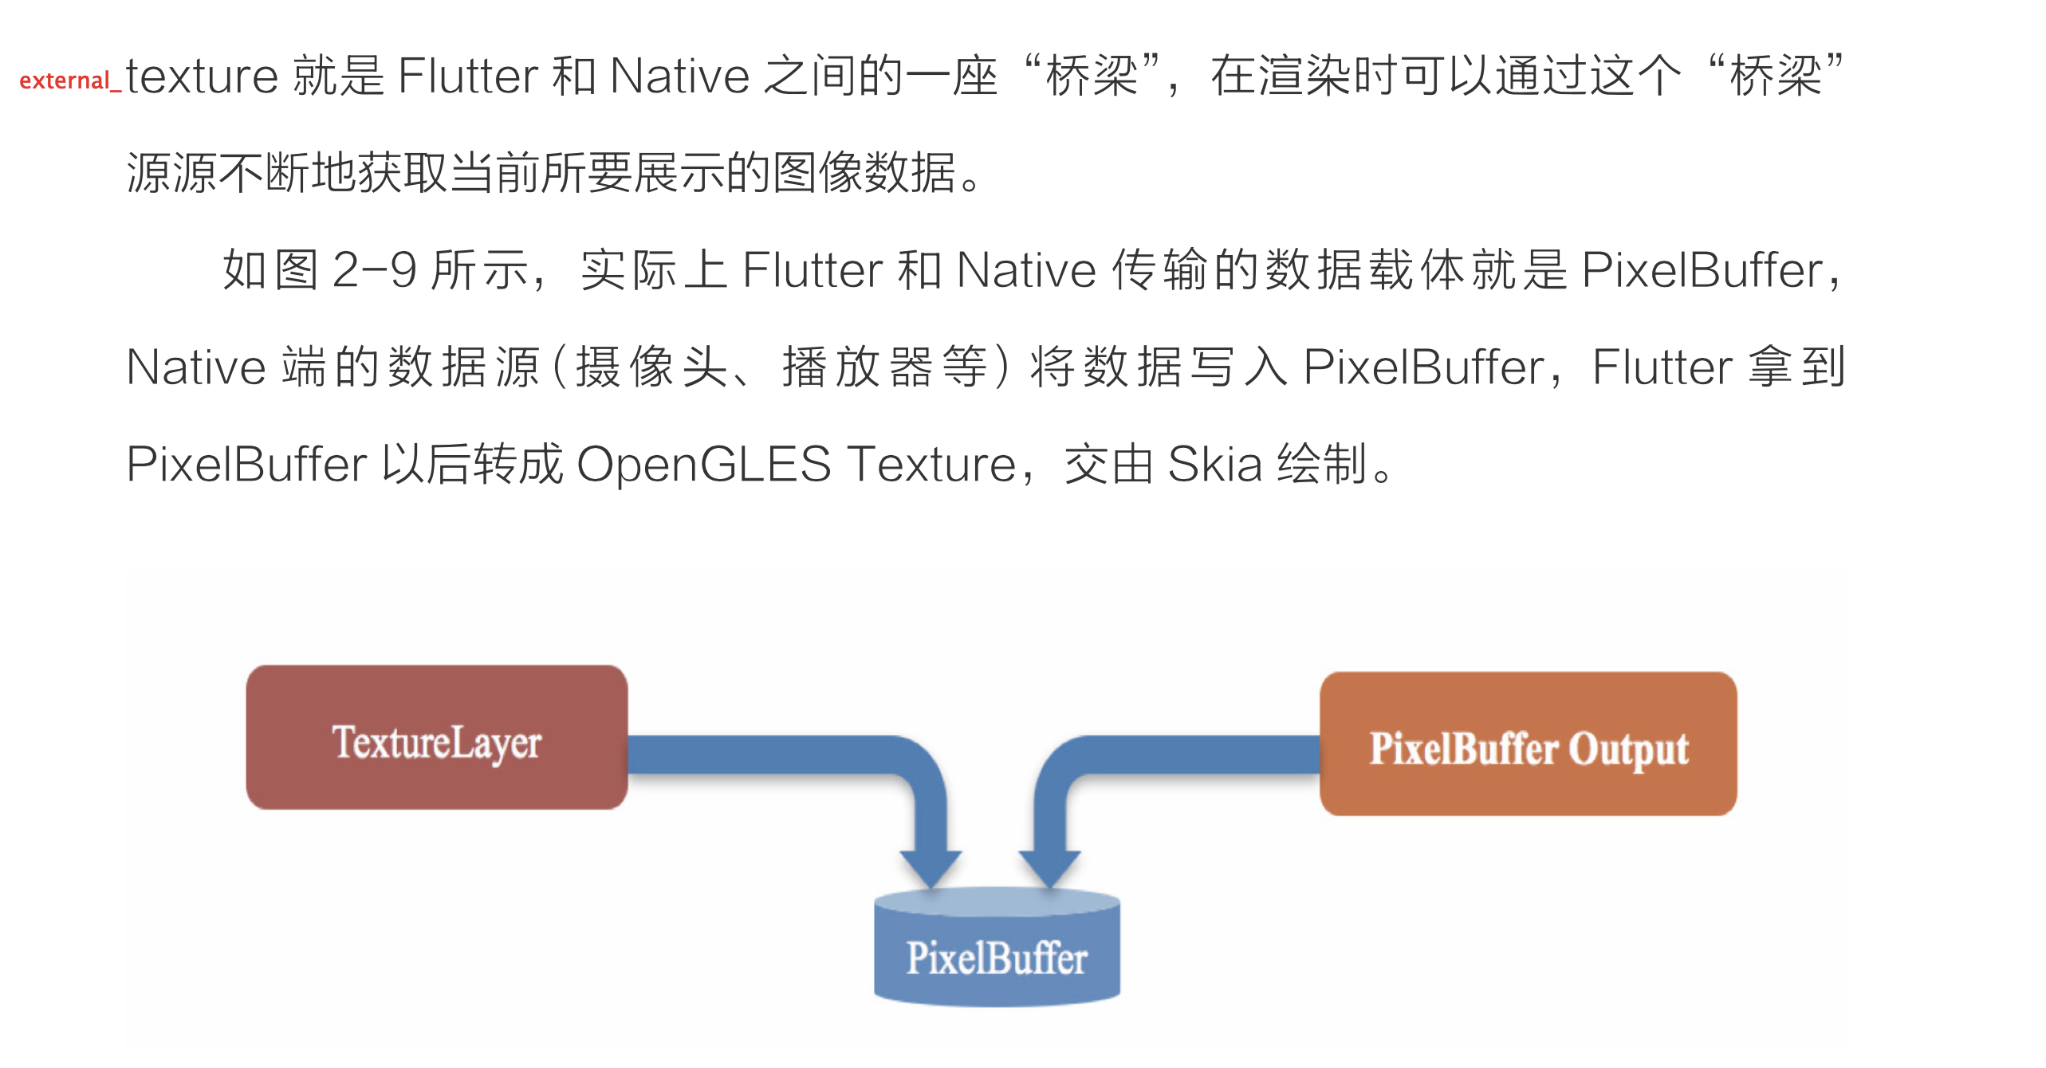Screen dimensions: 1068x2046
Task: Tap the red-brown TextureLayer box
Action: pos(436,737)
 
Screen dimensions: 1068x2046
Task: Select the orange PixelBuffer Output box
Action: pos(1528,744)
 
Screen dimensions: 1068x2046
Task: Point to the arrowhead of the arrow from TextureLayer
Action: pos(931,868)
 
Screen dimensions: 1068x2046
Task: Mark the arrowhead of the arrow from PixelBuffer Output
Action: pos(1049,868)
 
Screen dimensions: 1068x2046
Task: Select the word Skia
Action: pos(1214,464)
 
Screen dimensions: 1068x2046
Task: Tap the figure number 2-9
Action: pos(374,269)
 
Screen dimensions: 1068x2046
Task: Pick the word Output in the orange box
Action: pos(1629,749)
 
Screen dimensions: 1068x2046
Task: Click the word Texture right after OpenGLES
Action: pos(931,464)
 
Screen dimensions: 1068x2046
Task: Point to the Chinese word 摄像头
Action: pos(651,367)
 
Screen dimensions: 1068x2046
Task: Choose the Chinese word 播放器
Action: pos(857,367)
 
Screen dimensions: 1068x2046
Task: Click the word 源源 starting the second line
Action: pos(171,172)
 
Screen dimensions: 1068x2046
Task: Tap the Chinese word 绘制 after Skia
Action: pos(1321,464)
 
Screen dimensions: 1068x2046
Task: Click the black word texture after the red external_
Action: pos(202,76)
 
